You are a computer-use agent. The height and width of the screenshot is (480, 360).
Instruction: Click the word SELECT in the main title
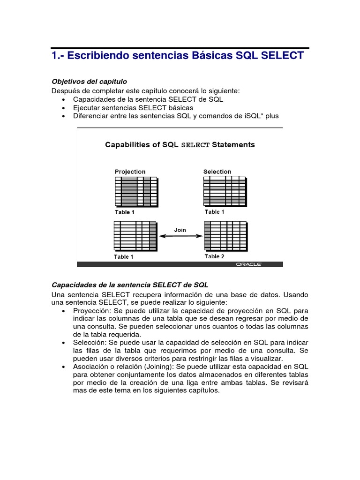pyautogui.click(x=282, y=56)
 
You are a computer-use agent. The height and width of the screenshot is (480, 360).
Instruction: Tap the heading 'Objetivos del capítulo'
pyautogui.click(x=89, y=82)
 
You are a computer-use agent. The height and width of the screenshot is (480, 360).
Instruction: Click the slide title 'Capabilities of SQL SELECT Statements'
pyautogui.click(x=180, y=145)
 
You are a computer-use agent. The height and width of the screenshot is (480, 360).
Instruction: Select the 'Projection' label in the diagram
pyautogui.click(x=130, y=172)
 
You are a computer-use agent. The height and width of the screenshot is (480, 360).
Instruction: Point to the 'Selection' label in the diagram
pyautogui.click(x=217, y=172)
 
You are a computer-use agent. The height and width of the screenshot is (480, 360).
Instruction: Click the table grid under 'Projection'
pyautogui.click(x=136, y=192)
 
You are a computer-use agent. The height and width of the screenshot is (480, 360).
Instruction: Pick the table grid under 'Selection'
pyautogui.click(x=225, y=191)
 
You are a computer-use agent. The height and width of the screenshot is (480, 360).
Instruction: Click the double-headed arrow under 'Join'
pyautogui.click(x=180, y=236)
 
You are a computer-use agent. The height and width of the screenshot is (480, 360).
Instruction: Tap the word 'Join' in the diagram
pyautogui.click(x=180, y=230)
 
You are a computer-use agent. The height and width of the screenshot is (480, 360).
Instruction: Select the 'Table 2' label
pyautogui.click(x=214, y=256)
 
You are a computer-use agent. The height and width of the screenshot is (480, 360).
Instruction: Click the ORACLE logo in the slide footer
pyautogui.click(x=248, y=264)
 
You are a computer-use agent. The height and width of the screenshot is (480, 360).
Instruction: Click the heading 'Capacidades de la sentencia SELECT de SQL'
pyautogui.click(x=130, y=285)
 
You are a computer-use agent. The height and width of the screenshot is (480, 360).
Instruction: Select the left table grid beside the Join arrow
pyautogui.click(x=135, y=236)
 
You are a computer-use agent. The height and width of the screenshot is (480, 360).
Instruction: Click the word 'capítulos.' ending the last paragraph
pyautogui.click(x=202, y=391)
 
